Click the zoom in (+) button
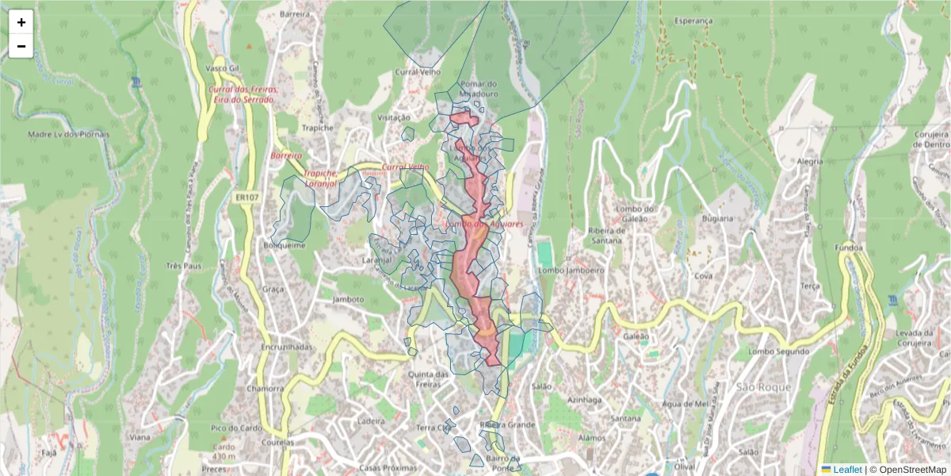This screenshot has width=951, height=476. (x=21, y=22)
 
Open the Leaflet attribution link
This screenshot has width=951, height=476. (x=847, y=470)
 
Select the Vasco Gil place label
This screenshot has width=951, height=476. (x=222, y=68)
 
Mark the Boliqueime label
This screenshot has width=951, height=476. (x=285, y=245)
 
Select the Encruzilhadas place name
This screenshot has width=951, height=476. (x=286, y=347)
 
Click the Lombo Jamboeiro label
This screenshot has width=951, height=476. (x=571, y=270)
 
